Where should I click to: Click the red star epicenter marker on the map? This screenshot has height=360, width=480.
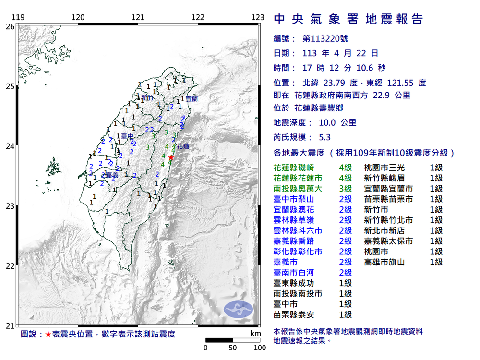171,157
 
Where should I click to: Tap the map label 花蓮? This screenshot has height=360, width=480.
182,145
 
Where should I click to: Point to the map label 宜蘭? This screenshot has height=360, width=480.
191,98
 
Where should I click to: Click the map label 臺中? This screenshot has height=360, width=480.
127,136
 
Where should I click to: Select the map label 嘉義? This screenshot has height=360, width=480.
112,174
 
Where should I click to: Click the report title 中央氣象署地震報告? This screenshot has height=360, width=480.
348,19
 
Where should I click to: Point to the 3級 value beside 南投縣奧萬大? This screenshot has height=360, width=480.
345,189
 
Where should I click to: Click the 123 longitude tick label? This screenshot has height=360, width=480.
258,18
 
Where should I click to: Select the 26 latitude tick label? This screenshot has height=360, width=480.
10,27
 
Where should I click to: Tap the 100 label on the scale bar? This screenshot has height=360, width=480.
260,348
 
